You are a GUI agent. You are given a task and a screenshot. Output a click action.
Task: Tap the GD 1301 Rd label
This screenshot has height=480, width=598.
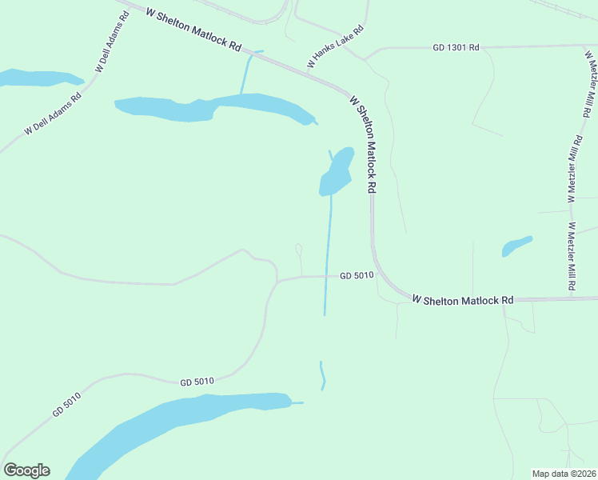coord(456,48)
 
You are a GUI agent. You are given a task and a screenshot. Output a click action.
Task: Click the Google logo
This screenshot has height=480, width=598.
coord(26,470)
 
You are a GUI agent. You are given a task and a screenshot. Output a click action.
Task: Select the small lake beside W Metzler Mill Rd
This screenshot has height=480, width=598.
coord(516,246)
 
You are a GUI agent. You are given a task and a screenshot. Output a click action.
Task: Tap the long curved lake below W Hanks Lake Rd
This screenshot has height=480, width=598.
coord(216,106)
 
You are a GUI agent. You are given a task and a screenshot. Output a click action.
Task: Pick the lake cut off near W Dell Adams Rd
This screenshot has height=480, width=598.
coord(36,78)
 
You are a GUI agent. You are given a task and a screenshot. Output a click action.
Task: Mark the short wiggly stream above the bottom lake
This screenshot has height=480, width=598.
coord(322,375)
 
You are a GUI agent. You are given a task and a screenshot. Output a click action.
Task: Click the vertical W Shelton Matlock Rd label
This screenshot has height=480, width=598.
coord(363,144)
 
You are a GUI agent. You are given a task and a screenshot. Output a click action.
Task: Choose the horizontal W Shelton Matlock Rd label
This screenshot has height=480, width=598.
coord(462,299)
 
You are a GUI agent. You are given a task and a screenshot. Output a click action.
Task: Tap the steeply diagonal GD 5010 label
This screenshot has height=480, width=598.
coord(68,402)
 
